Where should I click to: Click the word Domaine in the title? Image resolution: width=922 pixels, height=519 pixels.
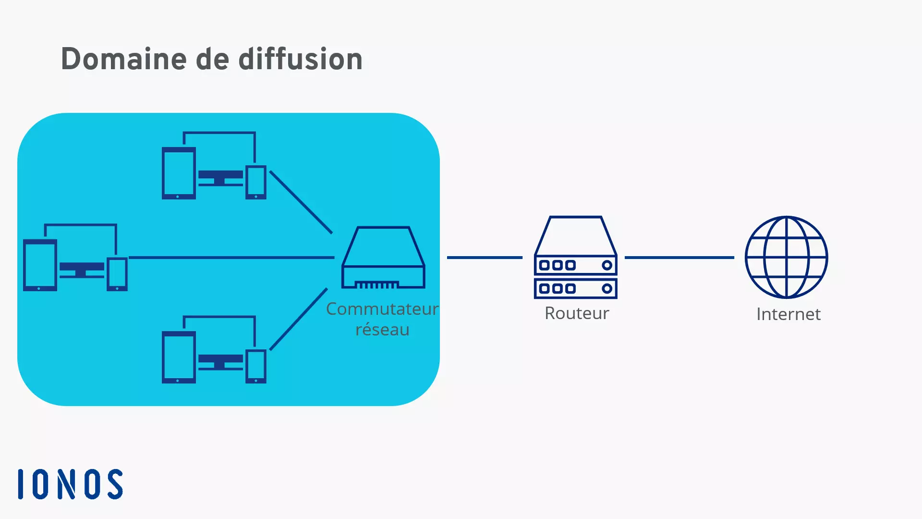[123, 59]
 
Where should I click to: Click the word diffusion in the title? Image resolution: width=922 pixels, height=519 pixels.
[300, 59]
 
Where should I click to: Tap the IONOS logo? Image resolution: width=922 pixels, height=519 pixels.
[71, 484]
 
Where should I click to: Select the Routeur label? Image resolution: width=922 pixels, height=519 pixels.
[576, 313]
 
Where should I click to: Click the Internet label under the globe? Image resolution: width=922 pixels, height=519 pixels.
[788, 314]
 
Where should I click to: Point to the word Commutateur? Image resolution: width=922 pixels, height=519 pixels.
[382, 309]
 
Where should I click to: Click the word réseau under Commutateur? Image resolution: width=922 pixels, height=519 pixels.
[382, 330]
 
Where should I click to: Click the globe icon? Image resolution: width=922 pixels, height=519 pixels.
[786, 257]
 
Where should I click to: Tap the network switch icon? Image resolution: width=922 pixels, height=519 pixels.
[383, 258]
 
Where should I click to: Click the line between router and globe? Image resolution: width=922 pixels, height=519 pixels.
[679, 258]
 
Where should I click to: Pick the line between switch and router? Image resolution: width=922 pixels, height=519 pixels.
[484, 258]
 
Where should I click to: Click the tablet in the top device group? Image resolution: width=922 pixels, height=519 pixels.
[179, 173]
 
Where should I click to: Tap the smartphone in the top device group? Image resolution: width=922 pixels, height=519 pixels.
[256, 182]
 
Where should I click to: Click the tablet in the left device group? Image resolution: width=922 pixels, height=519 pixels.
[40, 265]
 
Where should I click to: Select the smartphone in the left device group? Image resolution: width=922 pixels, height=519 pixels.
[117, 274]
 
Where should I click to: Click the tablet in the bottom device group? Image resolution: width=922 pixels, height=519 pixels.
[179, 357]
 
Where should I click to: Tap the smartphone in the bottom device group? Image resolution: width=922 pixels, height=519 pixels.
[256, 366]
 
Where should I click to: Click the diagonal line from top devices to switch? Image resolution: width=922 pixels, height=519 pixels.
[301, 202]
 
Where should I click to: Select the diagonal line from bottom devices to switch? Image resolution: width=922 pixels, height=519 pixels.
[299, 319]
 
